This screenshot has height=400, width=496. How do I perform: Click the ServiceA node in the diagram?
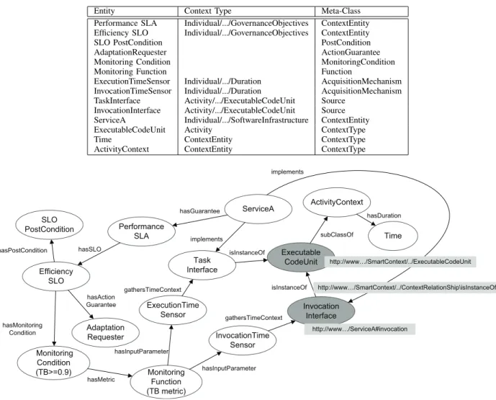258,209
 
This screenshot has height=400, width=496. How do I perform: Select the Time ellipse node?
393,236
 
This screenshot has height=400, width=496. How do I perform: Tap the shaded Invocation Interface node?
321,311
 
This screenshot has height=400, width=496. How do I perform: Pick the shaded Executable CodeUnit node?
301,257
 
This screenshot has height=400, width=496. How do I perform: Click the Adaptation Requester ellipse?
105,332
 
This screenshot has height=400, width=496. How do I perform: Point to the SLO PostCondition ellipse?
50,225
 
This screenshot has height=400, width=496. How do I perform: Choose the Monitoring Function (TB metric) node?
166,382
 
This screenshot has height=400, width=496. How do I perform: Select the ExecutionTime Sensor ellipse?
173,310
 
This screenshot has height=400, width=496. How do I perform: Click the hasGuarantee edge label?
199,211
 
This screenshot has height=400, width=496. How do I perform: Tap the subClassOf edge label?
337,235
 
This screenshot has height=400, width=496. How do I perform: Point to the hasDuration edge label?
384,215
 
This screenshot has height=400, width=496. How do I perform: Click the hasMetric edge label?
101,379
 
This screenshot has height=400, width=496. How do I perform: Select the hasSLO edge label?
89,249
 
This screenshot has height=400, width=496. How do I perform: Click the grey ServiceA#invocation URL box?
360,329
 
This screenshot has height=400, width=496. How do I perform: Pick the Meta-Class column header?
341,11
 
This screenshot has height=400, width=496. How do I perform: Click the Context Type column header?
207,11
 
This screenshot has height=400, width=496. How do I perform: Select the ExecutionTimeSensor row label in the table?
132,81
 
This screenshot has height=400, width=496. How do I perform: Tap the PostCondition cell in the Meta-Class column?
346,43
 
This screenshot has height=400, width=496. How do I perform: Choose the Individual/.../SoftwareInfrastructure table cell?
246,120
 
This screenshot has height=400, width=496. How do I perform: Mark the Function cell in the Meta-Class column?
337,71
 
